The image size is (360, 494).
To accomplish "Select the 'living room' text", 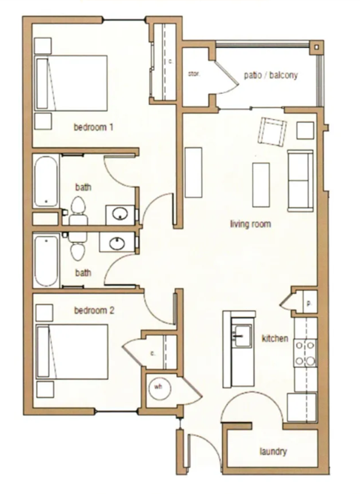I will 250,224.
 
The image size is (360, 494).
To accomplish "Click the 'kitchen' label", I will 274,339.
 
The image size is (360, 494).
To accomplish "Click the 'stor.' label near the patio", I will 193,73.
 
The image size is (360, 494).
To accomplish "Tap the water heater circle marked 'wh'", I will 159,388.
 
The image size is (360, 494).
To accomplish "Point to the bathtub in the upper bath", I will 47,181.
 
